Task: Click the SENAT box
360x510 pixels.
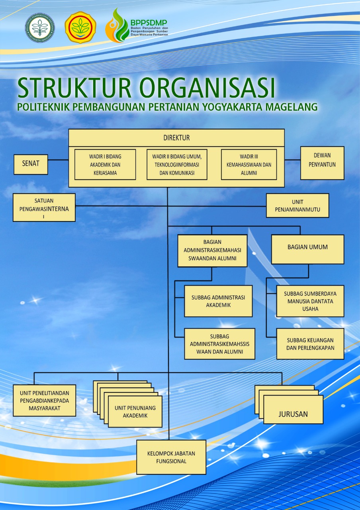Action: (x=31, y=164)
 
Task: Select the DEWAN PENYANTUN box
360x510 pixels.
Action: (x=322, y=163)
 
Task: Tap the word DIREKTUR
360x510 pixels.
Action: (x=176, y=138)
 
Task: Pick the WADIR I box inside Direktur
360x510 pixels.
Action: (x=105, y=165)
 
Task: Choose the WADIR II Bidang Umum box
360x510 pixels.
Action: (x=176, y=165)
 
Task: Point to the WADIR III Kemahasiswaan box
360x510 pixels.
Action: (x=248, y=165)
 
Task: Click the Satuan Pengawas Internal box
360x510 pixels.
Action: (x=44, y=207)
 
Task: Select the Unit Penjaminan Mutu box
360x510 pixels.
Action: (x=297, y=206)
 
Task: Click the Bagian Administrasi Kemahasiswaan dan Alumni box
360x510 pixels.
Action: (x=212, y=250)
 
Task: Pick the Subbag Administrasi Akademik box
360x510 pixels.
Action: (x=218, y=301)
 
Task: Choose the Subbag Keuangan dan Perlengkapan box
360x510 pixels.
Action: (x=310, y=344)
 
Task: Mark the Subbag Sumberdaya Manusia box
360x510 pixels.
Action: (x=310, y=301)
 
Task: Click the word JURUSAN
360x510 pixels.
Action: (x=293, y=414)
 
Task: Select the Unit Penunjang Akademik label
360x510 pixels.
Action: (x=135, y=412)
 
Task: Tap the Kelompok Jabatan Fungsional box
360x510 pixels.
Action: (x=171, y=457)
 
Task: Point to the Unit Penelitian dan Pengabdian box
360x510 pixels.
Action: (x=44, y=400)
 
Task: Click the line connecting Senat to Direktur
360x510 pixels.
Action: (x=58, y=160)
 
